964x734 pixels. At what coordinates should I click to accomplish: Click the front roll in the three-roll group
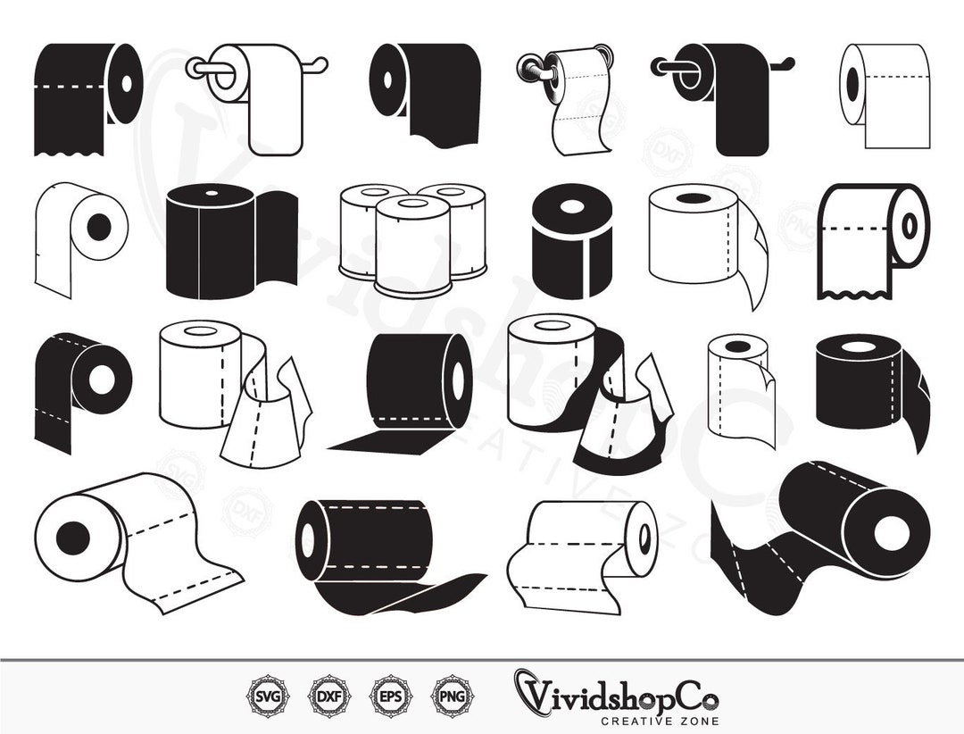point(411,246)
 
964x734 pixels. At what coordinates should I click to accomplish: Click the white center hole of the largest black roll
point(887,533)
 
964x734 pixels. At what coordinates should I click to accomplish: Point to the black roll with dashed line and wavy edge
point(85,98)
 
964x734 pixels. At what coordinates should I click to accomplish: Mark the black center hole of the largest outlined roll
point(73,538)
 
